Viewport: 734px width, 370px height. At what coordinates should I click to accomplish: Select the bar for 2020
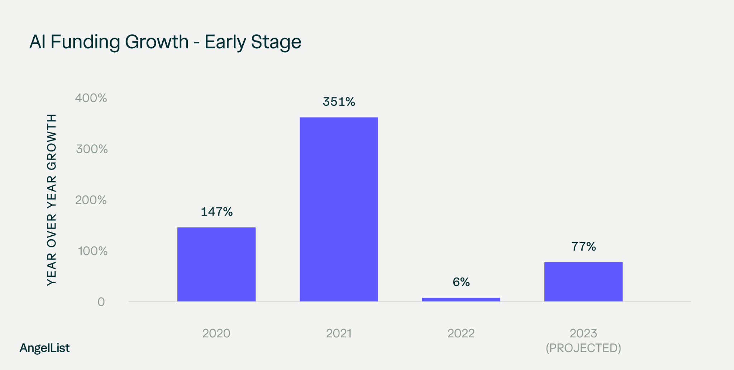[x=216, y=264]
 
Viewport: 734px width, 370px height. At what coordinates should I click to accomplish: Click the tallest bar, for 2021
[x=339, y=210]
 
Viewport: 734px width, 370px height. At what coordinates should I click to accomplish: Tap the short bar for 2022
[x=461, y=299]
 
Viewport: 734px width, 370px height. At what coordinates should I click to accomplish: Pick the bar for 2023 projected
[x=583, y=282]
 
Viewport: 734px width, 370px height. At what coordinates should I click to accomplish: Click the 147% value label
[x=216, y=212]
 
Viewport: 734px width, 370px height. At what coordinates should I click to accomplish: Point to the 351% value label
[x=339, y=102]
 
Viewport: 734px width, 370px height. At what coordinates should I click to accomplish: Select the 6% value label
[x=461, y=282]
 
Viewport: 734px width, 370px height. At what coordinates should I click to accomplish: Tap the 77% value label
[x=583, y=246]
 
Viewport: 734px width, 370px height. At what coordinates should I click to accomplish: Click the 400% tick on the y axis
[x=91, y=98]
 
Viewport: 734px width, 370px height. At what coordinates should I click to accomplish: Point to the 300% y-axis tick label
[x=92, y=149]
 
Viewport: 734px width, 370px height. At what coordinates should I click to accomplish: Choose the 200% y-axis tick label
[x=91, y=200]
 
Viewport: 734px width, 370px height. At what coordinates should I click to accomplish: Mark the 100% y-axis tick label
[x=92, y=251]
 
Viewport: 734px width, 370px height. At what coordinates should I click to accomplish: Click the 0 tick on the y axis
[x=101, y=302]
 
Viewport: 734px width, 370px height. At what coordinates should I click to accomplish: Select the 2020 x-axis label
[x=216, y=333]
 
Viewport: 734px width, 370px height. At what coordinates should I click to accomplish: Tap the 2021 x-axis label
[x=339, y=333]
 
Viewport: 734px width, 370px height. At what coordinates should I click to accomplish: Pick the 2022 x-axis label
[x=461, y=333]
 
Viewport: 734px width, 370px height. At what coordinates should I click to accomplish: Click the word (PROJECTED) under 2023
[x=583, y=348]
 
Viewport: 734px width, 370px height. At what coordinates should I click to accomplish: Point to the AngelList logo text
[x=44, y=348]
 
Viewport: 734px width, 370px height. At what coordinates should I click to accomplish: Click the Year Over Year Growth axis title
[x=52, y=200]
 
